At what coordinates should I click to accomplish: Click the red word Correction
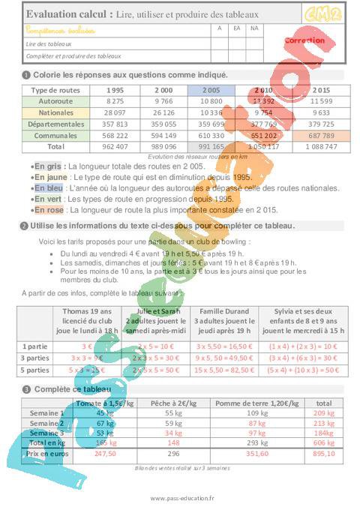(x=304, y=40)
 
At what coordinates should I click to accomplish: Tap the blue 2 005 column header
(x=212, y=89)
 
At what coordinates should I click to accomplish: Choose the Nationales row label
(x=55, y=112)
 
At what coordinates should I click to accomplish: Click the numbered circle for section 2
(x=25, y=225)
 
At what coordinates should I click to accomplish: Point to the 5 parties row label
(x=35, y=370)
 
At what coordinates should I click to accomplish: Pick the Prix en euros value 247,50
(x=105, y=453)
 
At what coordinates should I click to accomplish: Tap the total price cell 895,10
(x=324, y=453)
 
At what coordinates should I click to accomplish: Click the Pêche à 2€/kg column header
(x=173, y=403)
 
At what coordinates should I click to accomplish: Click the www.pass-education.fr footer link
(x=179, y=498)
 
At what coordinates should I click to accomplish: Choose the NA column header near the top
(x=254, y=28)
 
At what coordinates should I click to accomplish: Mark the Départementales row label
(x=55, y=124)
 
